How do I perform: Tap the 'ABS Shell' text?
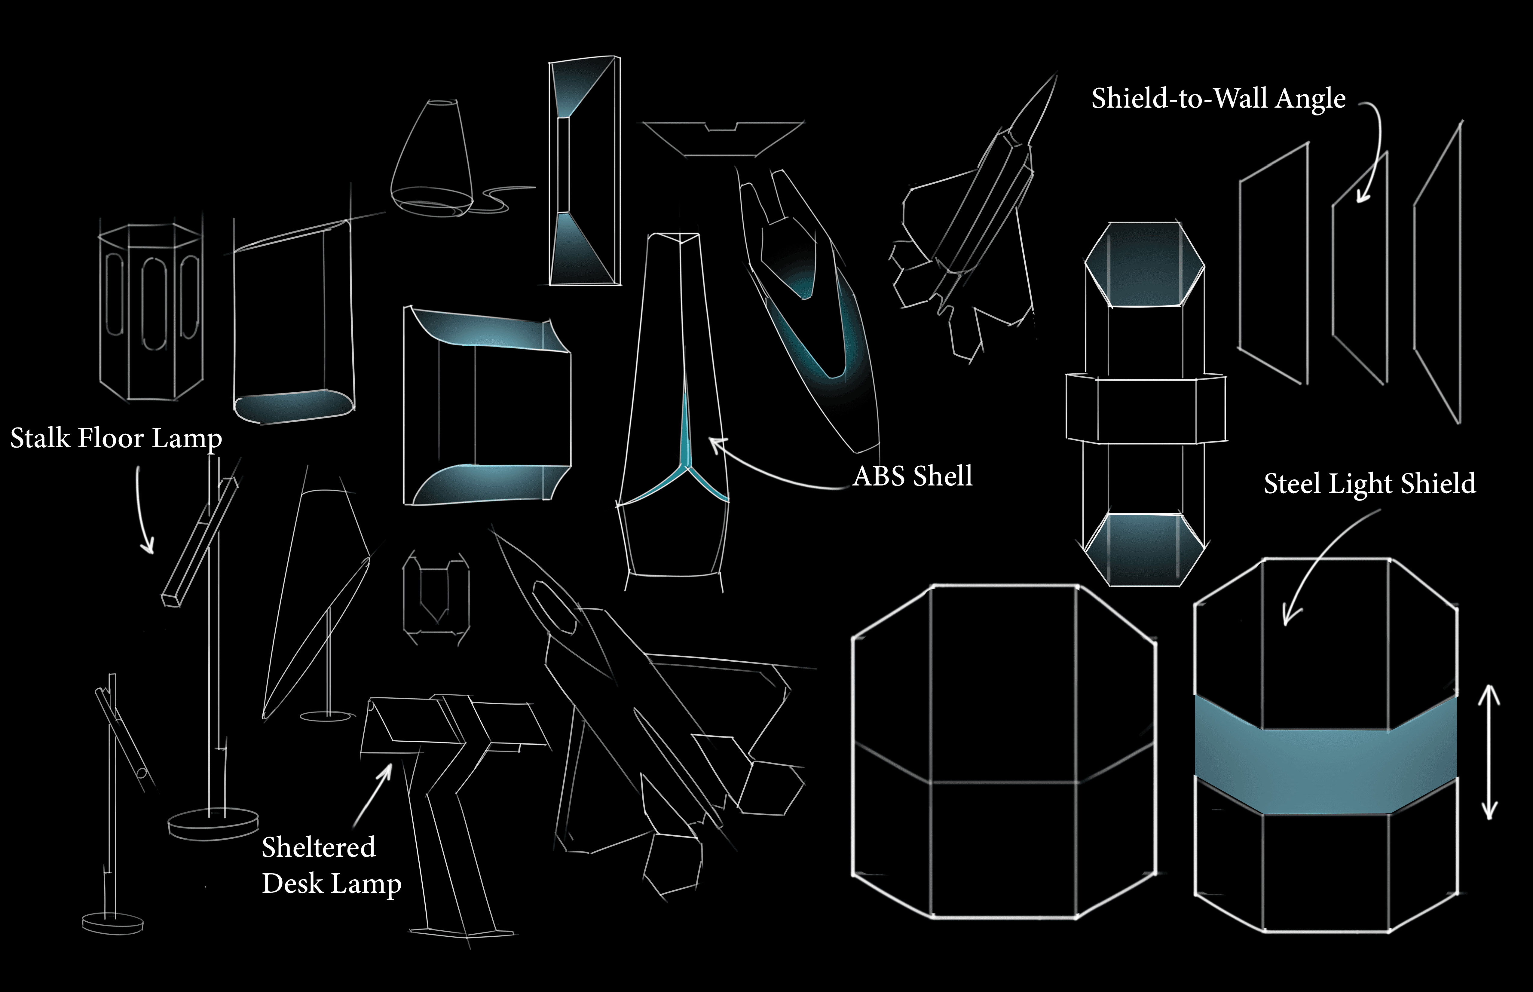[913, 476]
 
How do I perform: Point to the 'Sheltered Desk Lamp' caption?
[331, 865]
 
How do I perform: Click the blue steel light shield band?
[1326, 755]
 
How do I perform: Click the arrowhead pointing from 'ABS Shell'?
[716, 445]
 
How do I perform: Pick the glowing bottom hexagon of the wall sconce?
[1144, 550]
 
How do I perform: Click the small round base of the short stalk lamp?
[113, 923]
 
